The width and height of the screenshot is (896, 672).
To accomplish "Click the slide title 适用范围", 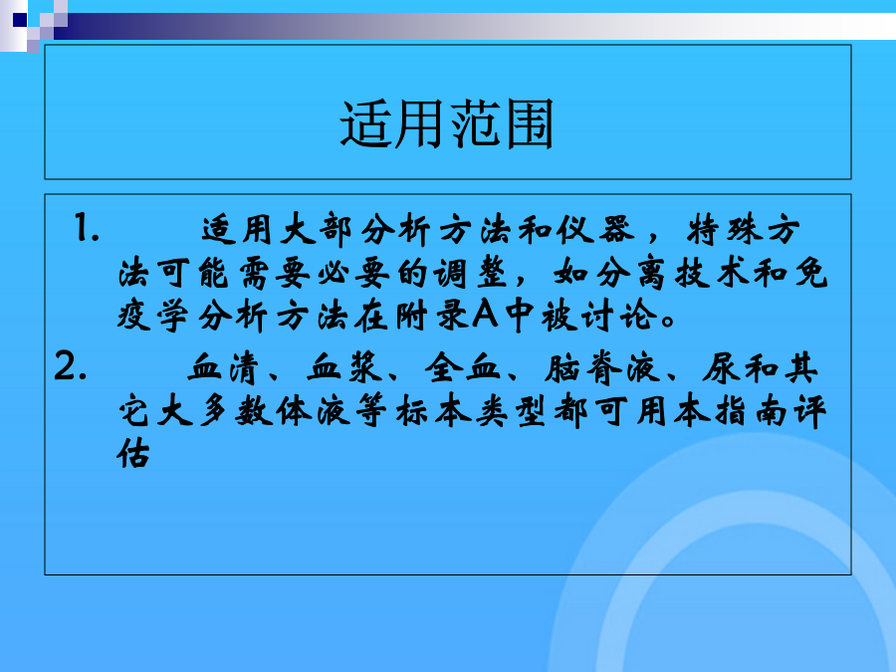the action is click(447, 124).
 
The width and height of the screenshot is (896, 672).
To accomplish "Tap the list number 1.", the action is click(87, 228).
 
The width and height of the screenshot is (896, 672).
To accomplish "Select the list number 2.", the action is click(71, 365).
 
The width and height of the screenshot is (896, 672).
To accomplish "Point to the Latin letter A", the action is click(485, 315).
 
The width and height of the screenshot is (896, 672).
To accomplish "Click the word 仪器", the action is click(595, 230).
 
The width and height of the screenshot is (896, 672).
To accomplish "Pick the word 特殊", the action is click(724, 230).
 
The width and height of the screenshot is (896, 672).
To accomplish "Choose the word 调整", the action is click(470, 273).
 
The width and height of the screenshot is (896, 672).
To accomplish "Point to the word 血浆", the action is click(343, 367).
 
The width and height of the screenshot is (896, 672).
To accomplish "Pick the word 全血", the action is click(462, 367).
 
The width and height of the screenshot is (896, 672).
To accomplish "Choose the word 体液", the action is click(314, 411).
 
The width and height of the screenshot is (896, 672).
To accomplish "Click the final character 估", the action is click(133, 454).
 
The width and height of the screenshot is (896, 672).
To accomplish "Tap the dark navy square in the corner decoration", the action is click(20, 20).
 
